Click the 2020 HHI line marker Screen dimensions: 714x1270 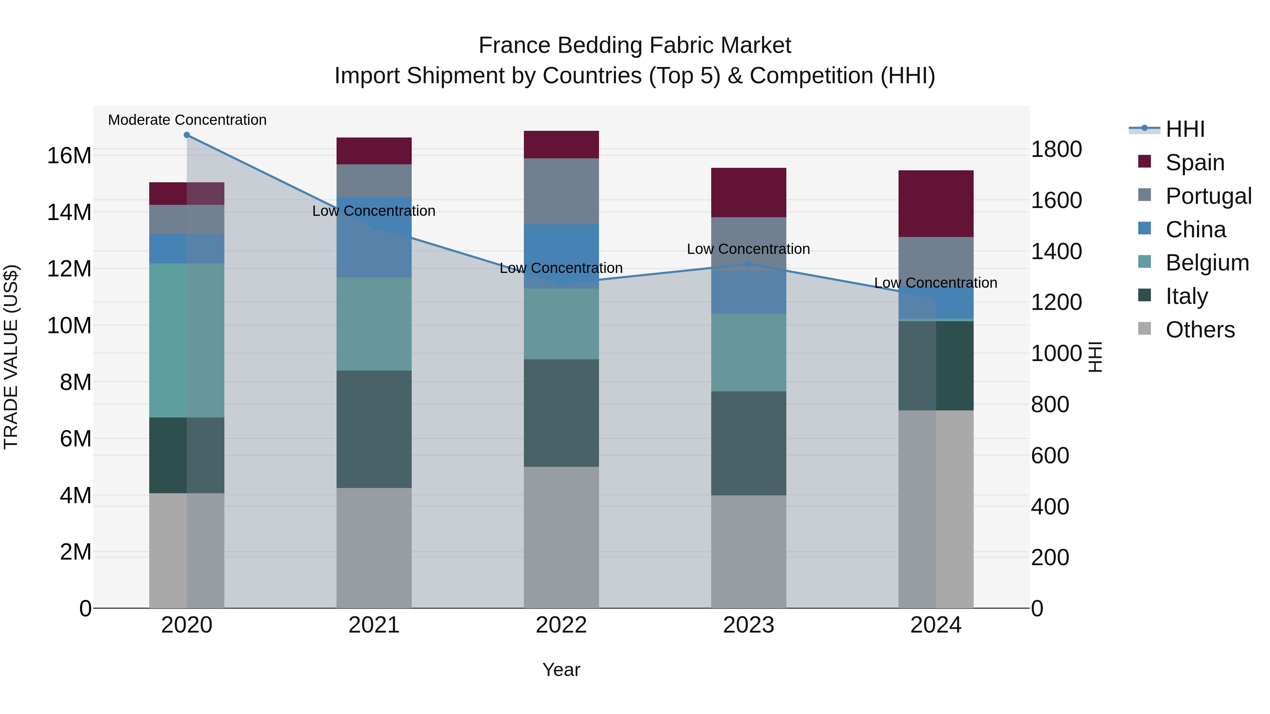pyautogui.click(x=187, y=135)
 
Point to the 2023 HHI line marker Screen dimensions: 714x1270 pyautogui.click(x=748, y=264)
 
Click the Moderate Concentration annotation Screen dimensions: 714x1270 pyautogui.click(x=187, y=120)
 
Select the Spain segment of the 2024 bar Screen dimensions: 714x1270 pyautogui.click(x=936, y=203)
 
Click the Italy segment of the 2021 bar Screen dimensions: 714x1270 pyautogui.click(x=374, y=429)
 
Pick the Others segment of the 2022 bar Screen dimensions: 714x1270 pyautogui.click(x=561, y=537)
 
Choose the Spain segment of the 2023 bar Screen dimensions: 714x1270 pyautogui.click(x=748, y=192)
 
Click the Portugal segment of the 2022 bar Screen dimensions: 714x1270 pyautogui.click(x=561, y=191)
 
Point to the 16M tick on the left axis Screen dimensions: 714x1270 pyautogui.click(x=69, y=156)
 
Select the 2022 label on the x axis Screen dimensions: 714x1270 pyautogui.click(x=561, y=625)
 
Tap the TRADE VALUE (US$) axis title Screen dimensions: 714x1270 pyautogui.click(x=11, y=357)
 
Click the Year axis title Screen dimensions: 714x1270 pyautogui.click(x=561, y=670)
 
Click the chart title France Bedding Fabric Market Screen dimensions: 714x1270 pyautogui.click(x=635, y=45)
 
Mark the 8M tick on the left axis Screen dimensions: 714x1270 pyautogui.click(x=75, y=382)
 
